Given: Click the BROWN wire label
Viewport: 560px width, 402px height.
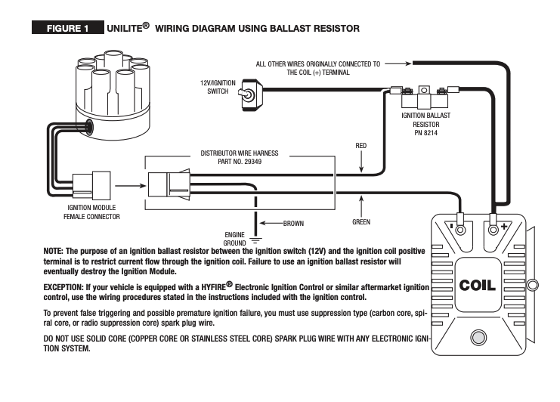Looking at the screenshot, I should click(x=292, y=224).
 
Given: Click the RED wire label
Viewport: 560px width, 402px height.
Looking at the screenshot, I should click(x=361, y=144).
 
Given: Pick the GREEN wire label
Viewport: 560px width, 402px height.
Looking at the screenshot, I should click(x=361, y=223).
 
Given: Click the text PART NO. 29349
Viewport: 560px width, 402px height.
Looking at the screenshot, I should click(x=239, y=161).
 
